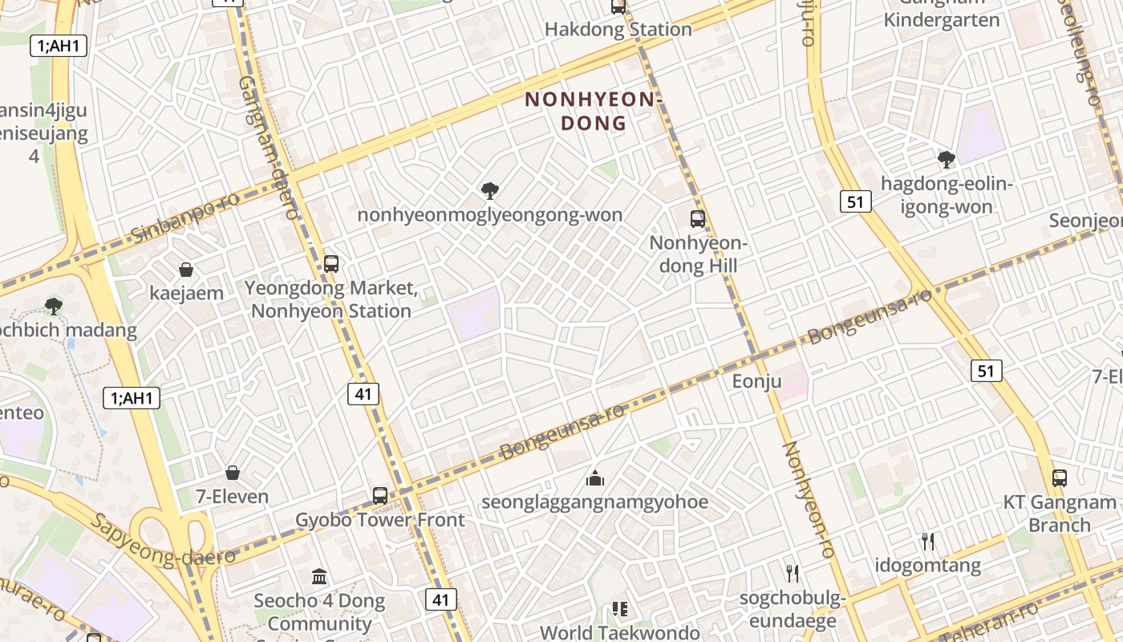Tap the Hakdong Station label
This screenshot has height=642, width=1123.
(618, 30)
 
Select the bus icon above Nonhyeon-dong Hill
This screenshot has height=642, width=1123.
(698, 218)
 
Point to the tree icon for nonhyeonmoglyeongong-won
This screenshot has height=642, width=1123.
(490, 191)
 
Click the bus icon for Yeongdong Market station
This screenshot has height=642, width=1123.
(330, 263)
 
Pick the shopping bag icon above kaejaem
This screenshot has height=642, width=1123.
(186, 270)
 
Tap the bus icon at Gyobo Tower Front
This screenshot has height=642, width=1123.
(380, 496)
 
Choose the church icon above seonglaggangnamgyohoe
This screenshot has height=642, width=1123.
(595, 478)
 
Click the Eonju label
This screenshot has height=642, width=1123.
(756, 381)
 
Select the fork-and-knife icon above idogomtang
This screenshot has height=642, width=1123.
(928, 542)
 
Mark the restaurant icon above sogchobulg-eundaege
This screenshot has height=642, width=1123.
(793, 573)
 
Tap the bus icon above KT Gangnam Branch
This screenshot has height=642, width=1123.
(1060, 478)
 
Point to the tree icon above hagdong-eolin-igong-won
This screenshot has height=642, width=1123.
(947, 159)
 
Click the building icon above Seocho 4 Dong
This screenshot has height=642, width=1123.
(319, 576)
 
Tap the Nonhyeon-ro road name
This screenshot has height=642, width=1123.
(809, 499)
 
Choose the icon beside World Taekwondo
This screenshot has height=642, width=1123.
(619, 609)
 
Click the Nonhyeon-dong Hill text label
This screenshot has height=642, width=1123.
(697, 254)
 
